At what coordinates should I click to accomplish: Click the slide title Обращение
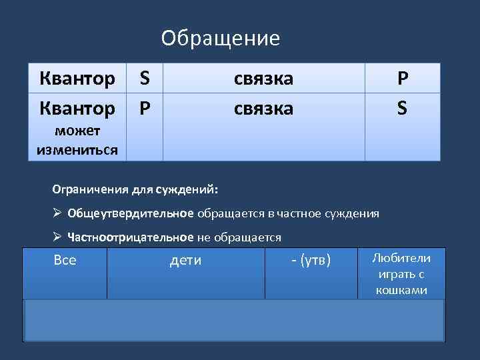[x=220, y=38]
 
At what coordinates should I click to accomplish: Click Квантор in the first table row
[x=77, y=79]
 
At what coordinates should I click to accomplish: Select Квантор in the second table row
[x=77, y=107]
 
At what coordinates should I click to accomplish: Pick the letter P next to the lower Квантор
[x=144, y=107]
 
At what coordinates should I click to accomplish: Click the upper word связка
[x=263, y=79]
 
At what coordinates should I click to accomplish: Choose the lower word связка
[x=263, y=107]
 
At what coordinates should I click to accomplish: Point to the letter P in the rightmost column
[x=402, y=79]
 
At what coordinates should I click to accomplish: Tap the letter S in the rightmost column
[x=402, y=107]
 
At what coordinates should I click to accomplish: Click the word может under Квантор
[x=77, y=134]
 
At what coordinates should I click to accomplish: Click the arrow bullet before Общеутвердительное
[x=57, y=213]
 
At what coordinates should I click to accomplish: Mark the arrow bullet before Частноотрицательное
[x=57, y=237]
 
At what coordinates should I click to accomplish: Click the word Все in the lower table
[x=65, y=260]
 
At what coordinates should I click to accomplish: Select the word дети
[x=185, y=260]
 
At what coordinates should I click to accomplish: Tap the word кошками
[x=401, y=291]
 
